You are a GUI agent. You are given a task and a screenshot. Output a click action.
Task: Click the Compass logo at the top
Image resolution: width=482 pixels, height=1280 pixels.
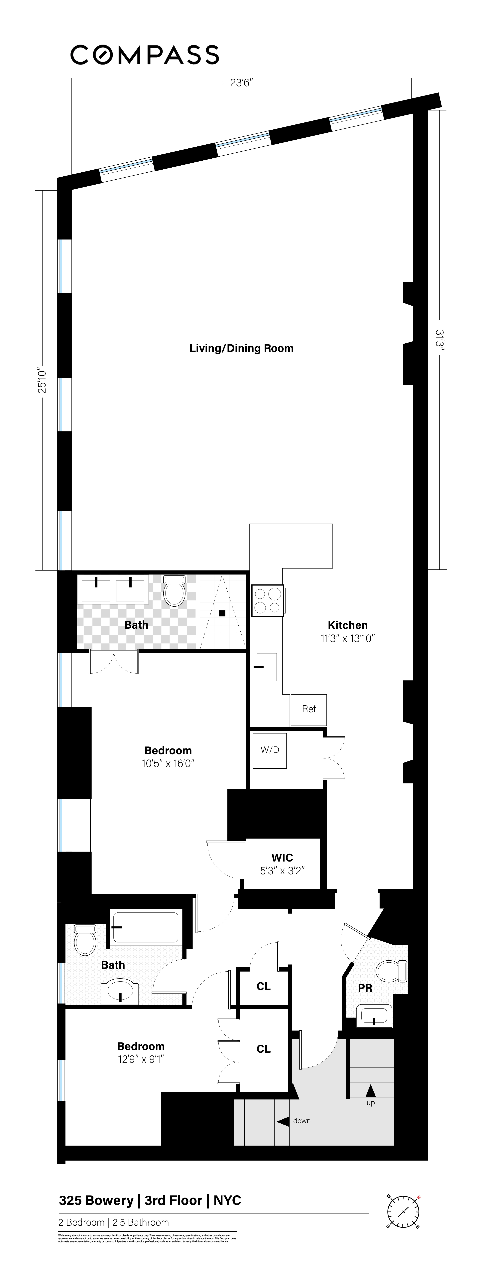[x=145, y=55]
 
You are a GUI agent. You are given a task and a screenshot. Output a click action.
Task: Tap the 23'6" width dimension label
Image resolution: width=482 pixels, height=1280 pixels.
[x=242, y=83]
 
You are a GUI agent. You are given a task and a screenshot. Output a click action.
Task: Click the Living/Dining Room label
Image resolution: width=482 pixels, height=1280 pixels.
[x=241, y=348]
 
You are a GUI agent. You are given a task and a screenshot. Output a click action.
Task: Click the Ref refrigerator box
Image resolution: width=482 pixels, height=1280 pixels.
[x=308, y=709]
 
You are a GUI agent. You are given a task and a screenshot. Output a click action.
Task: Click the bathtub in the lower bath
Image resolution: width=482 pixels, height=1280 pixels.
[x=145, y=927]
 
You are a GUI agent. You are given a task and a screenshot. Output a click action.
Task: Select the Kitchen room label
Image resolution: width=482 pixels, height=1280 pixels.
[x=347, y=625]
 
